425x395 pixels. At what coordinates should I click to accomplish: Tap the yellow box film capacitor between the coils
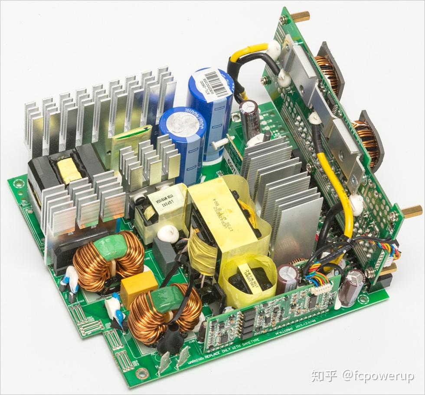138,284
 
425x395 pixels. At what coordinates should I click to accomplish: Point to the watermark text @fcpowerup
377,376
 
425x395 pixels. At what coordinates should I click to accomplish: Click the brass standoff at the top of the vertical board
300,16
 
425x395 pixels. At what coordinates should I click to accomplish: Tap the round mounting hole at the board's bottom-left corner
141,372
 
